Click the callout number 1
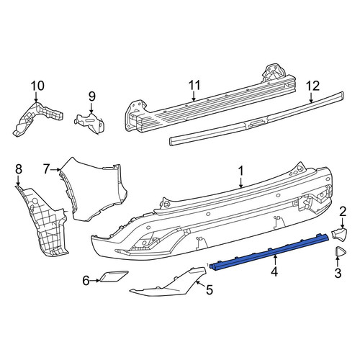241,171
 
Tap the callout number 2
343,212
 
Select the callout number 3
338,273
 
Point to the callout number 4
274,272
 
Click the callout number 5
210,290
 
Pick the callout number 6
86,280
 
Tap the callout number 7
47,168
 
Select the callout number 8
19,168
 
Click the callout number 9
92,96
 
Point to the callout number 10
37,86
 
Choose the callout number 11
194,85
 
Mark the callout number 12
313,86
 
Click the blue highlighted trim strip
269,252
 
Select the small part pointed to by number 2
339,233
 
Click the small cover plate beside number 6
113,276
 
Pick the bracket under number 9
91,122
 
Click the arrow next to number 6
95,280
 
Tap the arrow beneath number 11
194,96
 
